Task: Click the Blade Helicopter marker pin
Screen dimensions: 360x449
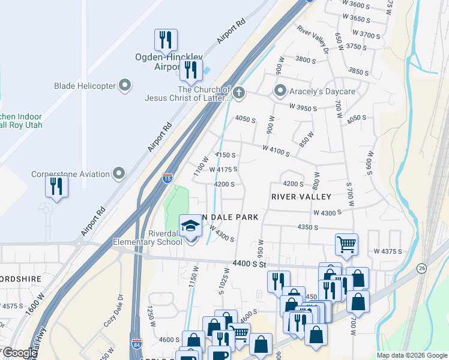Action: (125, 86)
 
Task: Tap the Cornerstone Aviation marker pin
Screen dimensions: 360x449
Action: (119, 175)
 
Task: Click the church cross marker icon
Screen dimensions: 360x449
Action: (239, 92)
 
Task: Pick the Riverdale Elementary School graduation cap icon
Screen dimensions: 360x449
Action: (191, 226)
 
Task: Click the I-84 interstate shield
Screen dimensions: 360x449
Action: (137, 344)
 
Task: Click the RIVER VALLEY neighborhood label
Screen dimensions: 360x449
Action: (301, 197)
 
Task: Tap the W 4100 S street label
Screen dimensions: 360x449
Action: (276, 151)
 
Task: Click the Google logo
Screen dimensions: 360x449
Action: (20, 353)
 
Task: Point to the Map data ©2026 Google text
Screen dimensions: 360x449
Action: (411, 355)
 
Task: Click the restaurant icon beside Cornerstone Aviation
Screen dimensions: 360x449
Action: (57, 185)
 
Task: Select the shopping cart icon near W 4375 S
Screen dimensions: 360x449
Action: (346, 244)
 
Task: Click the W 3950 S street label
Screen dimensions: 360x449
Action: (303, 107)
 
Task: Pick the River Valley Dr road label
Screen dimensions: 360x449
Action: (313, 40)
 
